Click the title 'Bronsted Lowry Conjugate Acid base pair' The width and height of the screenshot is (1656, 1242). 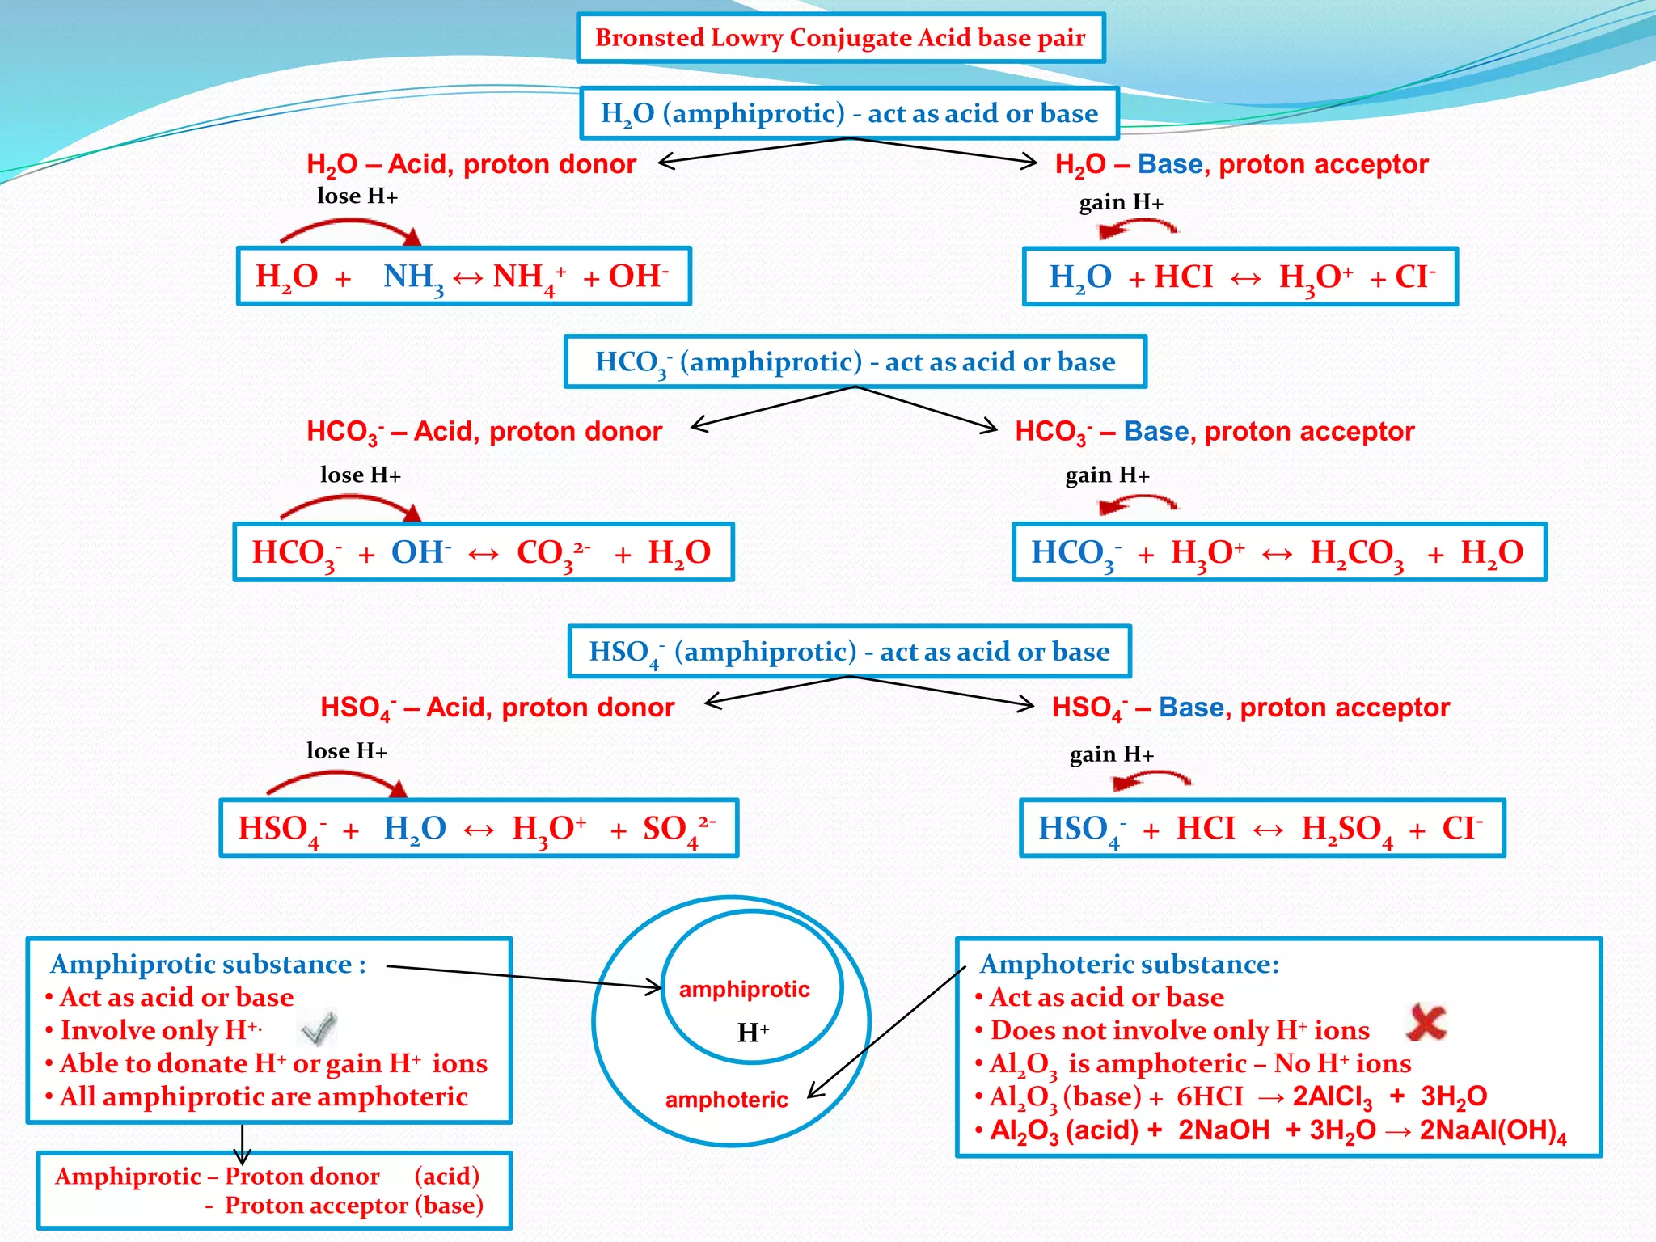click(840, 38)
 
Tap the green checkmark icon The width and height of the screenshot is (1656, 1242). click(318, 1028)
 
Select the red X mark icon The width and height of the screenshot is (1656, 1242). click(1426, 1022)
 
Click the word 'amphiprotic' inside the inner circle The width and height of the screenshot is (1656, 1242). click(744, 990)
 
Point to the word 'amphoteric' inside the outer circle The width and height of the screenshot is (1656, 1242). click(726, 1100)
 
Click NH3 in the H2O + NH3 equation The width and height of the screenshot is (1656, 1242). click(413, 277)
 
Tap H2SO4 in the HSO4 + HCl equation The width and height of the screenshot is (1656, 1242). click(1346, 830)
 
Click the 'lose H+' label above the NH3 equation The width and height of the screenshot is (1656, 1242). click(357, 196)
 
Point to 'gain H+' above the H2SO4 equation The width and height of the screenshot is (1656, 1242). click(1111, 754)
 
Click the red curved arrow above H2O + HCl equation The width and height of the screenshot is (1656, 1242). click(1137, 229)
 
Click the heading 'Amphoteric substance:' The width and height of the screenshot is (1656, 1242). click(1129, 964)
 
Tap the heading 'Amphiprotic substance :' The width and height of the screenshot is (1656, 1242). click(208, 964)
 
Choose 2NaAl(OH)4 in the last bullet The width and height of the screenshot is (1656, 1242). click(1493, 1130)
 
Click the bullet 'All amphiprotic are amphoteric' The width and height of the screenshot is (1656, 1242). click(264, 1096)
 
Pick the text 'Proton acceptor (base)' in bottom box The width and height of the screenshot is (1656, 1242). click(353, 1206)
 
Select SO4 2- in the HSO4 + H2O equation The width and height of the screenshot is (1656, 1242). click(678, 830)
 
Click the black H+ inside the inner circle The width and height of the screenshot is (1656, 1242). click(753, 1033)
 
